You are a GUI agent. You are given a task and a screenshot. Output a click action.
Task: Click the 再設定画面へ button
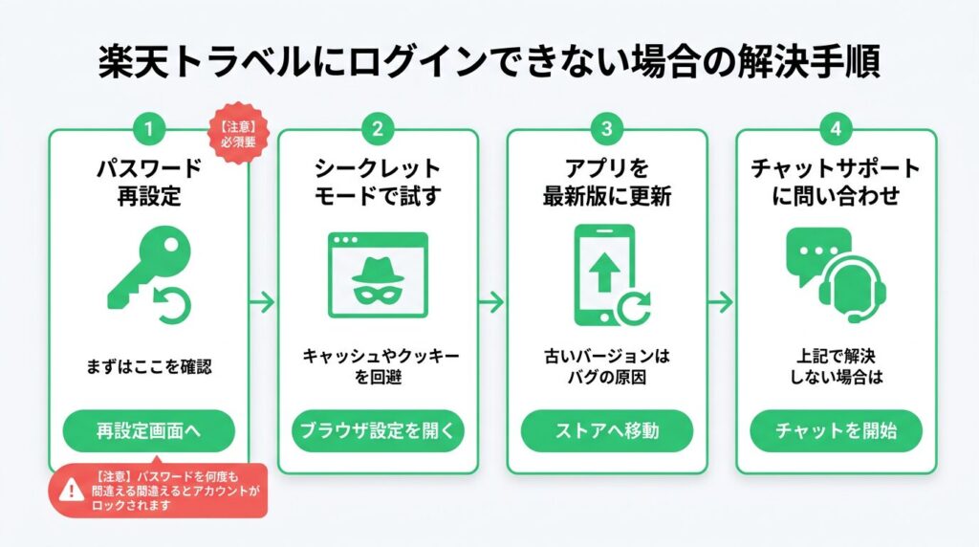click(148, 431)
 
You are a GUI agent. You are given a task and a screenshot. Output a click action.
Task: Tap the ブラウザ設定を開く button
click(378, 431)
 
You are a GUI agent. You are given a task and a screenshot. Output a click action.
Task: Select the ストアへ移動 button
click(607, 431)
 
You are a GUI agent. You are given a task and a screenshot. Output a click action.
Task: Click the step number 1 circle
click(148, 127)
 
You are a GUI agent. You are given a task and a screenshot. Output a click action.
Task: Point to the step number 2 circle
click(378, 127)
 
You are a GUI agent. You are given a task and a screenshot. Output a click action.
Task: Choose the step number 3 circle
click(607, 127)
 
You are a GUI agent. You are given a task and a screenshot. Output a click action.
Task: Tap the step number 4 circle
click(837, 127)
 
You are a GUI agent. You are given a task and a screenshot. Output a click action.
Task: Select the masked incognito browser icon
click(378, 273)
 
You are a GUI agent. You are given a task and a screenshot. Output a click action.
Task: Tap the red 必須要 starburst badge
click(241, 130)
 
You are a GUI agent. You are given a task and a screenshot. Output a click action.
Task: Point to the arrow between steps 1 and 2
click(263, 301)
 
